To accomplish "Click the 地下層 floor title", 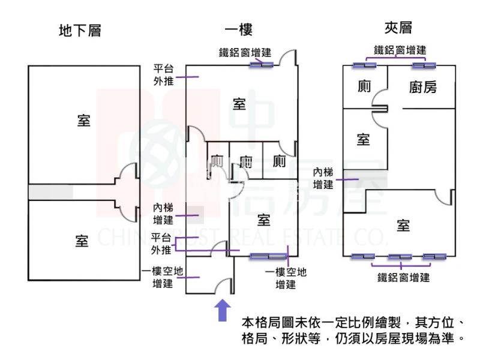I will coord(80,31).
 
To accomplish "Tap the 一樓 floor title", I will coord(238,30).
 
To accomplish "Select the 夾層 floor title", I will coord(398,28).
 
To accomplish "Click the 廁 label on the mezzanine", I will coord(364,86).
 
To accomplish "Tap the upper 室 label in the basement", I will coord(83,120).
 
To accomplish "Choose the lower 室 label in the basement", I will coord(82,241).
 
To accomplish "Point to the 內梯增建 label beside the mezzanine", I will coord(323,178).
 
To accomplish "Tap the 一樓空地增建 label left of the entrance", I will coord(159,277).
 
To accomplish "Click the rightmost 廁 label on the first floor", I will coord(278,161).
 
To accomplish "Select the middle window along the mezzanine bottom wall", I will coord(400,257).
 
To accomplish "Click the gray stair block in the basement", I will coord(50,192).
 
